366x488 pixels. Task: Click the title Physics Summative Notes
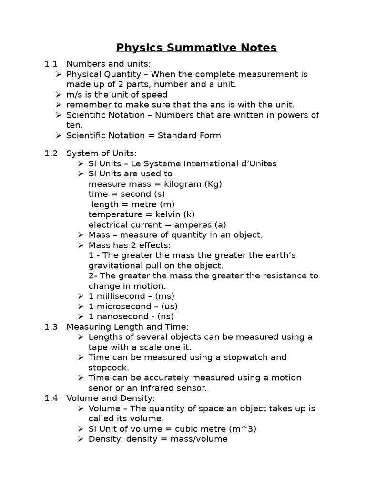[x=196, y=48]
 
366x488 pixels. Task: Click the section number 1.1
[x=51, y=64]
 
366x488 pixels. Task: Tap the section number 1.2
[x=51, y=153]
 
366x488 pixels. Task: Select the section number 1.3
[x=51, y=326]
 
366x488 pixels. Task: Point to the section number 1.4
[x=51, y=398]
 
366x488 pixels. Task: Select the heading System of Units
[x=102, y=153]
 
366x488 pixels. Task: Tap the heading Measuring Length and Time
[x=128, y=326]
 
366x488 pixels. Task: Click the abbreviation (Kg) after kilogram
[x=213, y=184]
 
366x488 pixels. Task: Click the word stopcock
[x=108, y=367]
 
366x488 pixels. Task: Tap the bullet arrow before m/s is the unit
[x=58, y=95]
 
